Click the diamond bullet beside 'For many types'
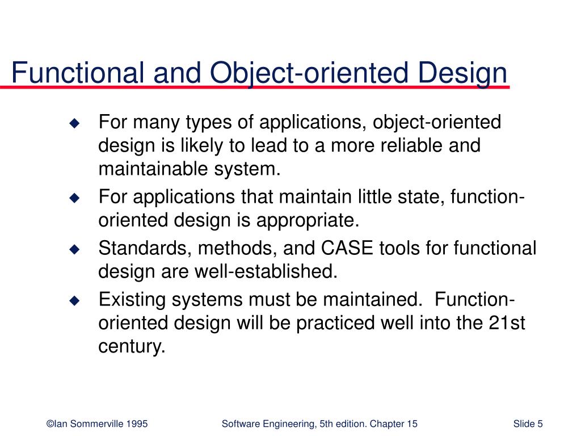click(x=74, y=123)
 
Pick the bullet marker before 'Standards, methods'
click(x=74, y=249)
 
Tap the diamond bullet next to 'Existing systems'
click(x=74, y=300)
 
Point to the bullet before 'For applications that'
click(x=74, y=198)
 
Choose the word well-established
click(x=263, y=272)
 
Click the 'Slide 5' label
click(x=527, y=424)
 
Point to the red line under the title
click(x=255, y=88)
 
